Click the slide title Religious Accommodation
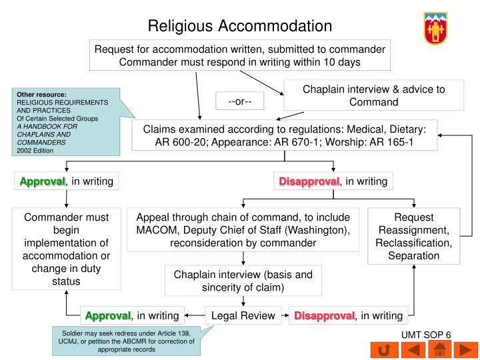(239, 26)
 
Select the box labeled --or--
(240, 101)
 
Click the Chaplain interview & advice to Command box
(373, 95)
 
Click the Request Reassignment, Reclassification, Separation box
(413, 237)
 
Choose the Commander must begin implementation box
(66, 249)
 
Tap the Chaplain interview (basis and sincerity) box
(243, 281)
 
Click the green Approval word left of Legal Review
(107, 315)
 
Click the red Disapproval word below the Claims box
(309, 181)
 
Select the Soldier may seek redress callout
(127, 341)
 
